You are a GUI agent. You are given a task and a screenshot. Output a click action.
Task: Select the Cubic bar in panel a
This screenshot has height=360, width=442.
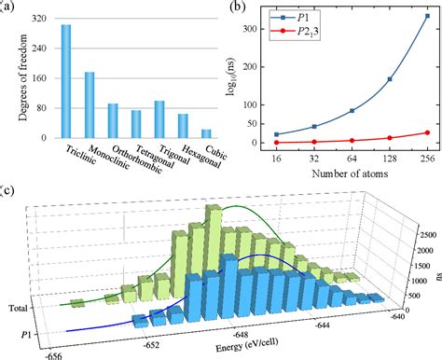click(205, 133)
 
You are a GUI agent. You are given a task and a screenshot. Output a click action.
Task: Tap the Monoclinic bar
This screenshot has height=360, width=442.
click(90, 104)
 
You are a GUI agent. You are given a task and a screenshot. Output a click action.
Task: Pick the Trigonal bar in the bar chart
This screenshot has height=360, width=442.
click(159, 119)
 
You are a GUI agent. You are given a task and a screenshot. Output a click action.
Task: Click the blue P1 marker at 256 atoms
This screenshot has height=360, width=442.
click(427, 16)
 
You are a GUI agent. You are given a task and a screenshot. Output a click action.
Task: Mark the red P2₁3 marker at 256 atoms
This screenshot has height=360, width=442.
click(427, 132)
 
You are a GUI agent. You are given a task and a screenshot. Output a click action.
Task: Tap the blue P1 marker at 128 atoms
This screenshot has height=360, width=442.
click(388, 78)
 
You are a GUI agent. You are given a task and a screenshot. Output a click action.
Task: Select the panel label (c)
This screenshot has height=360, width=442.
click(8, 192)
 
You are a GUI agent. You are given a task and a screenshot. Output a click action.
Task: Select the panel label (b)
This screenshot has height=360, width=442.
click(238, 7)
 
